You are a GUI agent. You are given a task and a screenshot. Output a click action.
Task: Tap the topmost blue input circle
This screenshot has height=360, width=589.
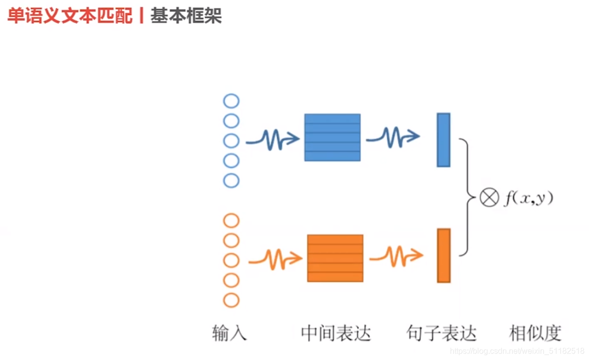coord(231,102)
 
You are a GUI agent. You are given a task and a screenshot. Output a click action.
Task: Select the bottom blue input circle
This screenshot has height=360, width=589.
coord(231,180)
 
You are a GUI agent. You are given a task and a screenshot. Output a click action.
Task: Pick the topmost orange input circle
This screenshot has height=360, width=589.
coord(231,220)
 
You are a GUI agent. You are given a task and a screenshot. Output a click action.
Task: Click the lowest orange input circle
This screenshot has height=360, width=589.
coord(231,300)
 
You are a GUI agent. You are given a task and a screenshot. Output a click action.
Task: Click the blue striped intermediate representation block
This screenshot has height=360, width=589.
coord(332,137)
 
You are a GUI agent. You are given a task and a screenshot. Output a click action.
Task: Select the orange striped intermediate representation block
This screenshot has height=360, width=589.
coord(335,258)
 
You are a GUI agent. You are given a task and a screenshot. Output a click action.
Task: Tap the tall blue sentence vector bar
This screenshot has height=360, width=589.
coord(443,140)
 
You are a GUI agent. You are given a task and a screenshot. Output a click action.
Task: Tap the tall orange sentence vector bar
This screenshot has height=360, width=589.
coord(443,256)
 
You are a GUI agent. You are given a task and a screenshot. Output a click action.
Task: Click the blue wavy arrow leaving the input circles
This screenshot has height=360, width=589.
coord(273,140)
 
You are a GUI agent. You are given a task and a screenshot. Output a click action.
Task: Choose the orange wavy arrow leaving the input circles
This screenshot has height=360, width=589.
coord(275,258)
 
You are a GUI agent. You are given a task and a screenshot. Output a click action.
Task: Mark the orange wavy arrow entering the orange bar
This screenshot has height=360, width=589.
coord(396,256)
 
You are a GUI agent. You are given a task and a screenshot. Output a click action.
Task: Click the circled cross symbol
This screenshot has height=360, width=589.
coord(489,198)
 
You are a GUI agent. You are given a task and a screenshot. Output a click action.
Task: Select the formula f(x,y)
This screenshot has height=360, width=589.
coord(528,198)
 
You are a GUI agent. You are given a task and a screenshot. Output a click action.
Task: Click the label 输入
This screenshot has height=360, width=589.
coord(229,333)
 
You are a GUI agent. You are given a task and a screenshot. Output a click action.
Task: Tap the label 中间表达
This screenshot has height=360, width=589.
coord(336,333)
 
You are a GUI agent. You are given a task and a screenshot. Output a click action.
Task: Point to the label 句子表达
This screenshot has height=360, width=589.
coord(441,333)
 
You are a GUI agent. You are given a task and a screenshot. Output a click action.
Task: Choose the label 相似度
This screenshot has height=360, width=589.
coord(535,333)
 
